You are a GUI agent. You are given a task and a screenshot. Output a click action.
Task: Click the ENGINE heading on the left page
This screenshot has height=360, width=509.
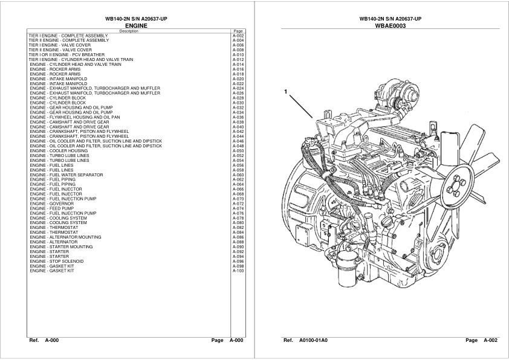(136, 25)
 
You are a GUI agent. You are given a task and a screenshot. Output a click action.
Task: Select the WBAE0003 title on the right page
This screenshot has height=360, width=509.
(390, 25)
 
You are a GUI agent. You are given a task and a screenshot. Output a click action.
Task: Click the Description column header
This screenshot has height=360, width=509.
(129, 31)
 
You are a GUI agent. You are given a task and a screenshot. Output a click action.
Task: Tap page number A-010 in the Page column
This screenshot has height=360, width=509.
(238, 55)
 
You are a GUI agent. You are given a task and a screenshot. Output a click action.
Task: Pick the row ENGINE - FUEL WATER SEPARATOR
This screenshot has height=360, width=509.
(66, 175)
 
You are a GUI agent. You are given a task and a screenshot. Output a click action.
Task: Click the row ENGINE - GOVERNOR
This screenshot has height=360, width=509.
(51, 204)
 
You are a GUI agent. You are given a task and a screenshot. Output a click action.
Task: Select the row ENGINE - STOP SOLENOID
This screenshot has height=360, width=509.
(56, 261)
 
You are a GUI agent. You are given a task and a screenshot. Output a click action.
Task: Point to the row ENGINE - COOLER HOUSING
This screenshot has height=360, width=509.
(59, 151)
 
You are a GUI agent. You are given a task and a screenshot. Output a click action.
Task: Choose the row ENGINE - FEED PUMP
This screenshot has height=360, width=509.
(51, 208)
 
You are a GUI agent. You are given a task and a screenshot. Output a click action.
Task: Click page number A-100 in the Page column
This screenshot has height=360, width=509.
(238, 271)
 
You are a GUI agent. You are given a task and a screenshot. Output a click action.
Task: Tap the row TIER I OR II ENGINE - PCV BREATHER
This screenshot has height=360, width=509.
(66, 55)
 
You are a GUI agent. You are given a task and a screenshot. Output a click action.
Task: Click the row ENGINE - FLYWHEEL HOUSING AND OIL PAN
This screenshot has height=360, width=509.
(75, 117)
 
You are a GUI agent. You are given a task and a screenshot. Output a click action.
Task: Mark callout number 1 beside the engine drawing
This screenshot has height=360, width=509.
(286, 92)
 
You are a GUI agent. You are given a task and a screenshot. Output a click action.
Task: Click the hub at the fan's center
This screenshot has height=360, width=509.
(455, 187)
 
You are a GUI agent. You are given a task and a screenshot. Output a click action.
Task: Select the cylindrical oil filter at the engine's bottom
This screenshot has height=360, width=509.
(348, 269)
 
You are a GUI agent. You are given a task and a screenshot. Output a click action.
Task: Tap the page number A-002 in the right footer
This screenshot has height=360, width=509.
(490, 340)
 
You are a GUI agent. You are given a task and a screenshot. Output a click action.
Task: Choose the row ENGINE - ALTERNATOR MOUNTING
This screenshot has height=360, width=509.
(65, 237)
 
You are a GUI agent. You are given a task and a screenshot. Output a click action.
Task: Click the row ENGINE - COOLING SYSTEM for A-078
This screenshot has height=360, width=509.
(58, 218)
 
